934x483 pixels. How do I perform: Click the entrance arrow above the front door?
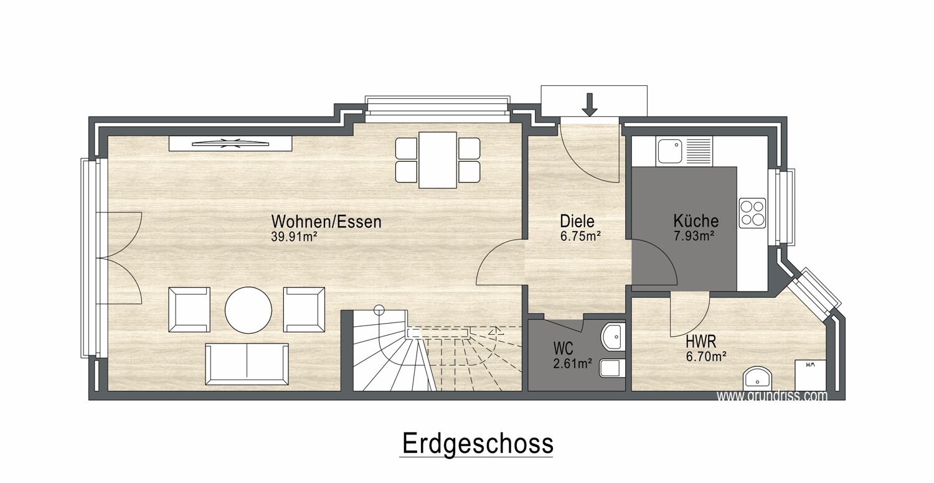coord(589,105)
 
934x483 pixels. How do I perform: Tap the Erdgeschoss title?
coord(478,444)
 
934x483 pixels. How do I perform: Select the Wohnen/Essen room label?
coord(326,222)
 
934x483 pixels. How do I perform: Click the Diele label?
coord(577,222)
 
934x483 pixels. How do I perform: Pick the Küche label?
coord(696,220)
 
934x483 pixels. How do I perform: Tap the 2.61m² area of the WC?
coord(572,364)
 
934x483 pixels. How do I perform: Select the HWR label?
coord(701,342)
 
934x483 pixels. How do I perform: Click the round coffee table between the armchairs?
coord(248,309)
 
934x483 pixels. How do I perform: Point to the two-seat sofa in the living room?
coord(247,364)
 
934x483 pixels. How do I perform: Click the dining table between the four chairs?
coord(438,160)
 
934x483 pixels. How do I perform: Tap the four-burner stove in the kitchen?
coord(753,213)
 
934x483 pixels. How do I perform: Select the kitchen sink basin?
coord(669,151)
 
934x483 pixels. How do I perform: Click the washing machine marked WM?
coord(811,375)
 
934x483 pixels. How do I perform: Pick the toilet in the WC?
coord(612,368)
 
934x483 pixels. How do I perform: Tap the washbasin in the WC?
coord(613,336)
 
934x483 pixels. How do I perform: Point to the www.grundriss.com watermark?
coord(771,396)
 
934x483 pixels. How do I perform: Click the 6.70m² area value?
coord(707,357)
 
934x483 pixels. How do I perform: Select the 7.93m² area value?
coord(695,237)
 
